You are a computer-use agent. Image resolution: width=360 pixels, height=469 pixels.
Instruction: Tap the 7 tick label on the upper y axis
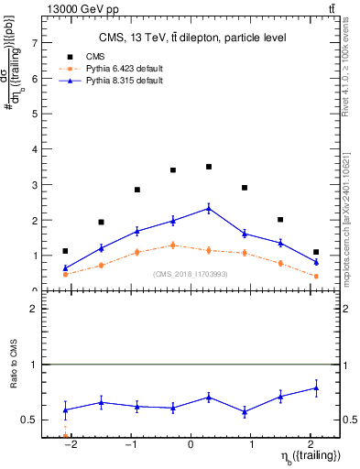tap(35, 43)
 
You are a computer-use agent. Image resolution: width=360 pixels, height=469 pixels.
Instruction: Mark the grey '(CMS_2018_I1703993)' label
tap(191, 274)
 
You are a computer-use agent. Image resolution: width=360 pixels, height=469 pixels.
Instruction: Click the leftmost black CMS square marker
tap(65, 251)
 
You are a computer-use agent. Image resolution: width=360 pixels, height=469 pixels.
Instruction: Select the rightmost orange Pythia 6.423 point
tap(316, 276)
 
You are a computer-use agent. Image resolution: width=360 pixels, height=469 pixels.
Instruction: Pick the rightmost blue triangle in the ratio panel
tap(316, 388)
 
